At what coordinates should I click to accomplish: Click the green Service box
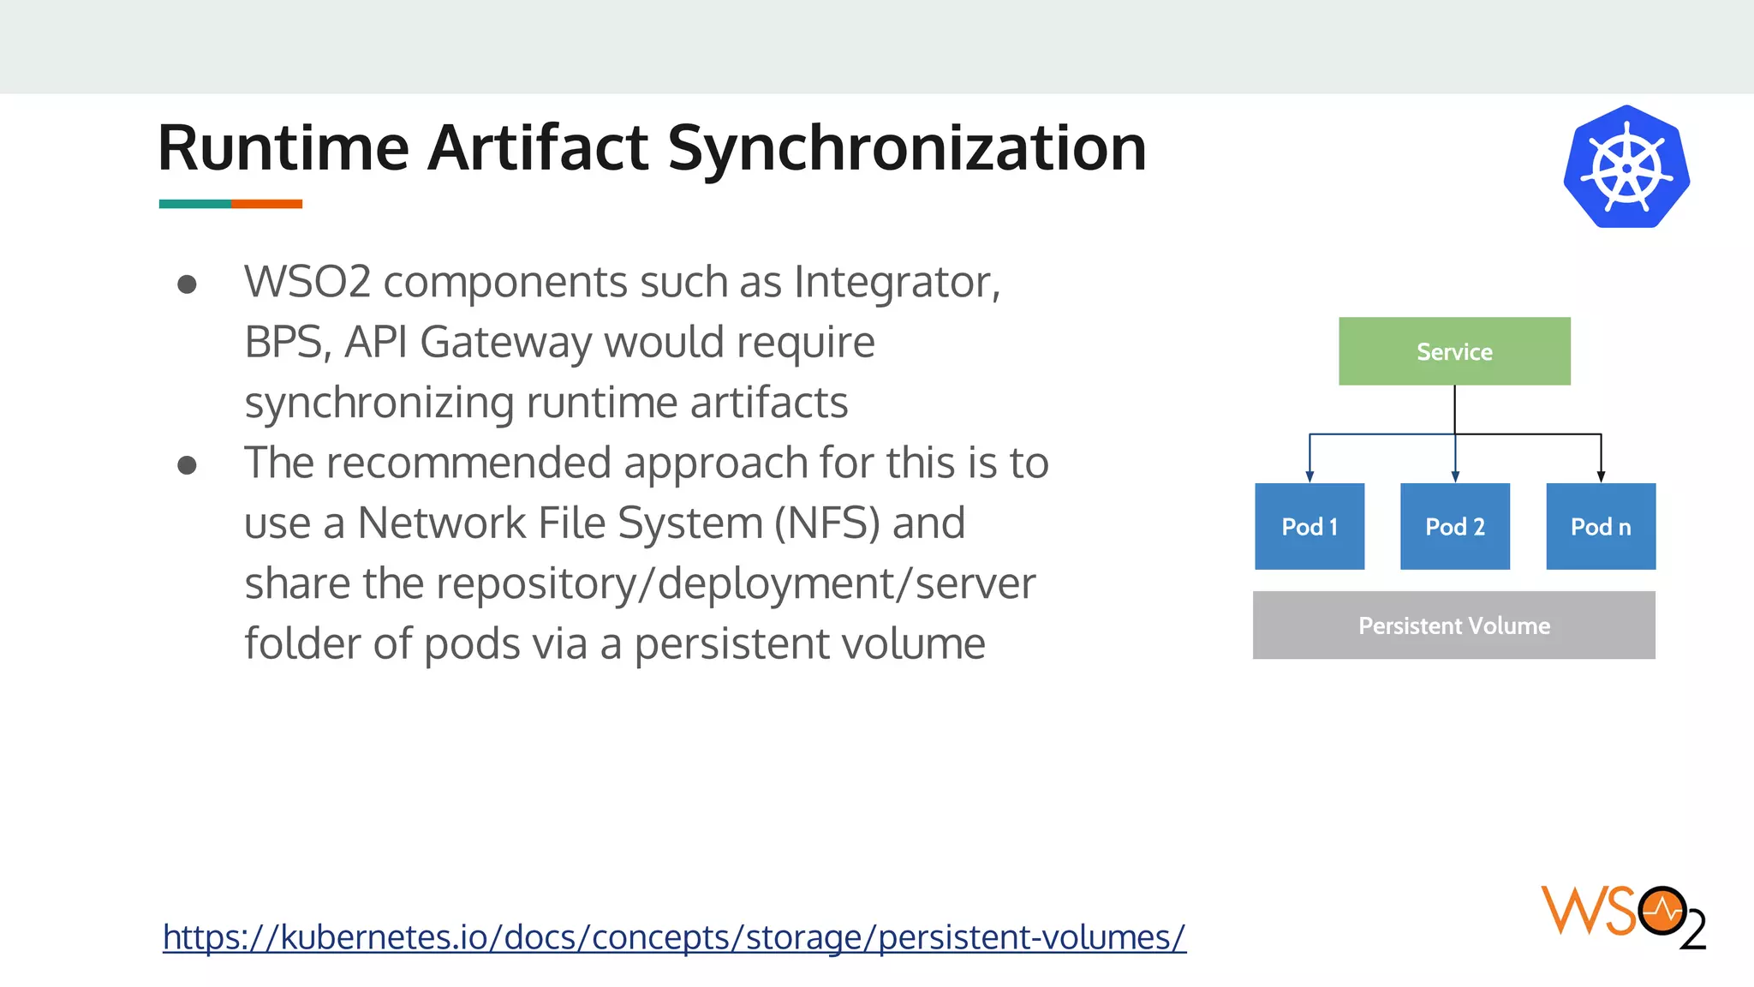[1454, 351]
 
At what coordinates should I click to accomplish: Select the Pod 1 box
[1310, 526]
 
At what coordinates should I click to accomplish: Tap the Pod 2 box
[1454, 526]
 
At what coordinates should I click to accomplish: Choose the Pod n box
[1601, 526]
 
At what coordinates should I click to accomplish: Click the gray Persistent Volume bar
[1453, 625]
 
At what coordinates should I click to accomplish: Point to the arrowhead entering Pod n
[1601, 476]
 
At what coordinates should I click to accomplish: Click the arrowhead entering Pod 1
[1310, 476]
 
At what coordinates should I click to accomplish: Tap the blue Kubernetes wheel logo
[1626, 167]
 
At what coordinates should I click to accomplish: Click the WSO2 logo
[1623, 917]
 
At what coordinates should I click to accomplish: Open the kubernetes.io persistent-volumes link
[674, 937]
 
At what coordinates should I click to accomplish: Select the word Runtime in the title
[283, 148]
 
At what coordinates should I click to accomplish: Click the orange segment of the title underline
[266, 204]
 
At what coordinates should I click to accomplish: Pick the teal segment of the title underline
[194, 204]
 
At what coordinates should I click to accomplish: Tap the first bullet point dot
[187, 284]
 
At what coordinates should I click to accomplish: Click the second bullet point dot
[187, 465]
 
